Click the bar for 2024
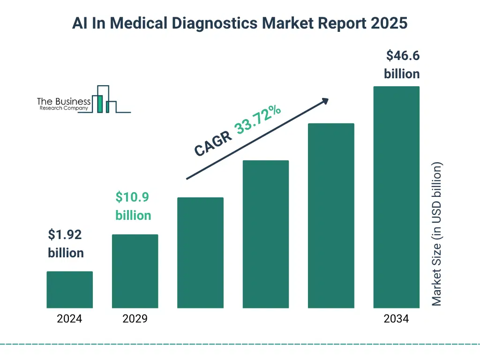(70, 290)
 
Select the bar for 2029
(135, 271)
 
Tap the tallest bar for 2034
(396, 197)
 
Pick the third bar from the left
(200, 253)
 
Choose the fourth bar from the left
(266, 234)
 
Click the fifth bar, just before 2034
(331, 216)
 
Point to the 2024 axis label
(69, 319)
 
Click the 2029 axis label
(135, 319)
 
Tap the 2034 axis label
(396, 319)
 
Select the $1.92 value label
(65, 234)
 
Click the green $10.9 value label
(133, 197)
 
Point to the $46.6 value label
(403, 56)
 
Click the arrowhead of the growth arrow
(325, 101)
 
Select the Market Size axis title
(437, 234)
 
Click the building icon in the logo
(104, 99)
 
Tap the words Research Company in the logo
(64, 108)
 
